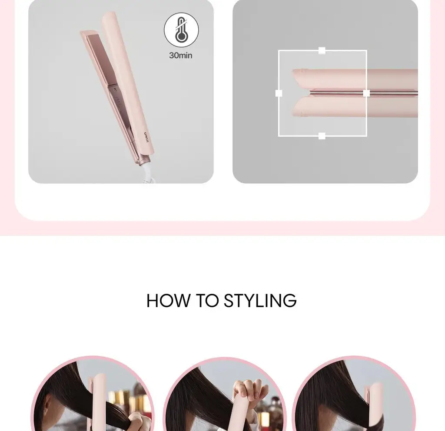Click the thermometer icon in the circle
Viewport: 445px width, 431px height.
tap(181, 30)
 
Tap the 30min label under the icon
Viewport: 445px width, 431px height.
tap(180, 55)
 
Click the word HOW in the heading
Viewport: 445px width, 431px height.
tap(169, 301)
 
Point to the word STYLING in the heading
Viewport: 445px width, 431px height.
tap(260, 301)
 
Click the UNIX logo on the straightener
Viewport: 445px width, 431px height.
tap(146, 138)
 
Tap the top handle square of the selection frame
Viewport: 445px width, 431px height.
tap(322, 50)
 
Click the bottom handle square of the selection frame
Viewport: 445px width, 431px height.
tap(322, 136)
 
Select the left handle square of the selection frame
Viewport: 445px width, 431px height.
tap(279, 93)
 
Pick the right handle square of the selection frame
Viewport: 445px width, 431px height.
tap(366, 93)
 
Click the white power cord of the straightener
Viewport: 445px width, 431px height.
tap(148, 173)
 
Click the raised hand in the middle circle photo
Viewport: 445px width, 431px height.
tap(250, 390)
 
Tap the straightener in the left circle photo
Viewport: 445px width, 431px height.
tap(98, 403)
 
